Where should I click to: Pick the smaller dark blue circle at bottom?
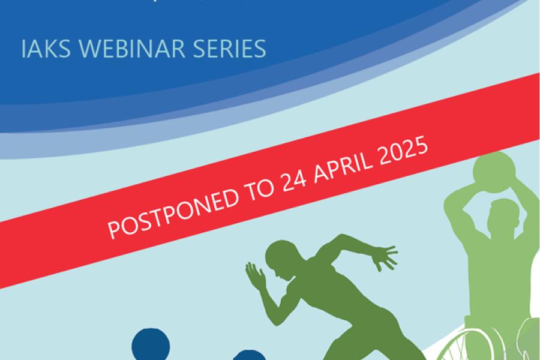click(x=242, y=355)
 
